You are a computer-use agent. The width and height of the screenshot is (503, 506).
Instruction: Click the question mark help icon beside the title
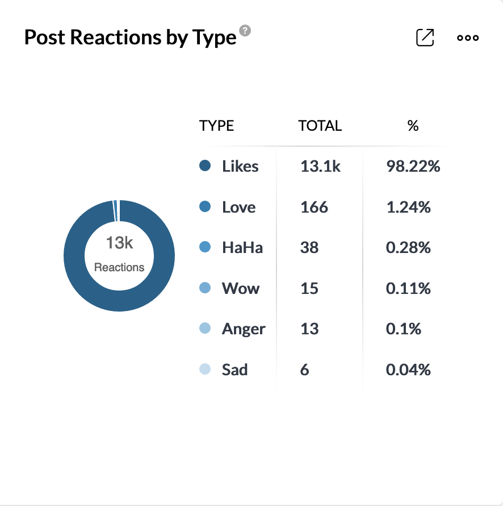pos(245,31)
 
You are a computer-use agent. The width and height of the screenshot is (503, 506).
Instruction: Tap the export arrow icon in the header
pos(425,38)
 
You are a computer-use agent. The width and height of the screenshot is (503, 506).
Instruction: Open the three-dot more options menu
pos(468,38)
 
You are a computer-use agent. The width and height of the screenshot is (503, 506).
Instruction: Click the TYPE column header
pos(217,126)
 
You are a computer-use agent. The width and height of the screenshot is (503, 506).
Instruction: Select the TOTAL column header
pos(320,126)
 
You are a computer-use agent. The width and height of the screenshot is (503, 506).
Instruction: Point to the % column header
pos(413,126)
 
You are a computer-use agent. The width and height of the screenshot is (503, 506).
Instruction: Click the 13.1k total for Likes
pos(320,167)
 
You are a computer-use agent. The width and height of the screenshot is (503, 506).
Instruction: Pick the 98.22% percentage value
pos(413,167)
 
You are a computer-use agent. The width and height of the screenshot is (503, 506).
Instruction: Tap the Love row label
pos(238,207)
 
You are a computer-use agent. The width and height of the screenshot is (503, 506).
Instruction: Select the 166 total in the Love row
pos(314,207)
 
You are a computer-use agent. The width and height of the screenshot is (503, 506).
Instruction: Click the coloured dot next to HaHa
pos(206,247)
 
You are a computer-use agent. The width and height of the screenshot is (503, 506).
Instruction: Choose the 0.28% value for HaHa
pos(408,248)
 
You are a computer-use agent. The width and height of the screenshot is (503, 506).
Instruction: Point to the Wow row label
pos(241,288)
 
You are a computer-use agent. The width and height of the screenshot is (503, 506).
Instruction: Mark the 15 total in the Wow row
pos(309,288)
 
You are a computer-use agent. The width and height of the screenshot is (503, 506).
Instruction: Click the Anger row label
pos(244,329)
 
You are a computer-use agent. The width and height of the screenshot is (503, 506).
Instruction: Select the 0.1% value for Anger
pos(403,329)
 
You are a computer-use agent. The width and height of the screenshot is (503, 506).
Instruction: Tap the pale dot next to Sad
pos(206,370)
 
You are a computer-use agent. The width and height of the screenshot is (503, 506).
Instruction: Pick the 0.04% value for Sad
pos(408,370)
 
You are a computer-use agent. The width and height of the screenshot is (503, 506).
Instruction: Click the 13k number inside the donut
pos(119,243)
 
